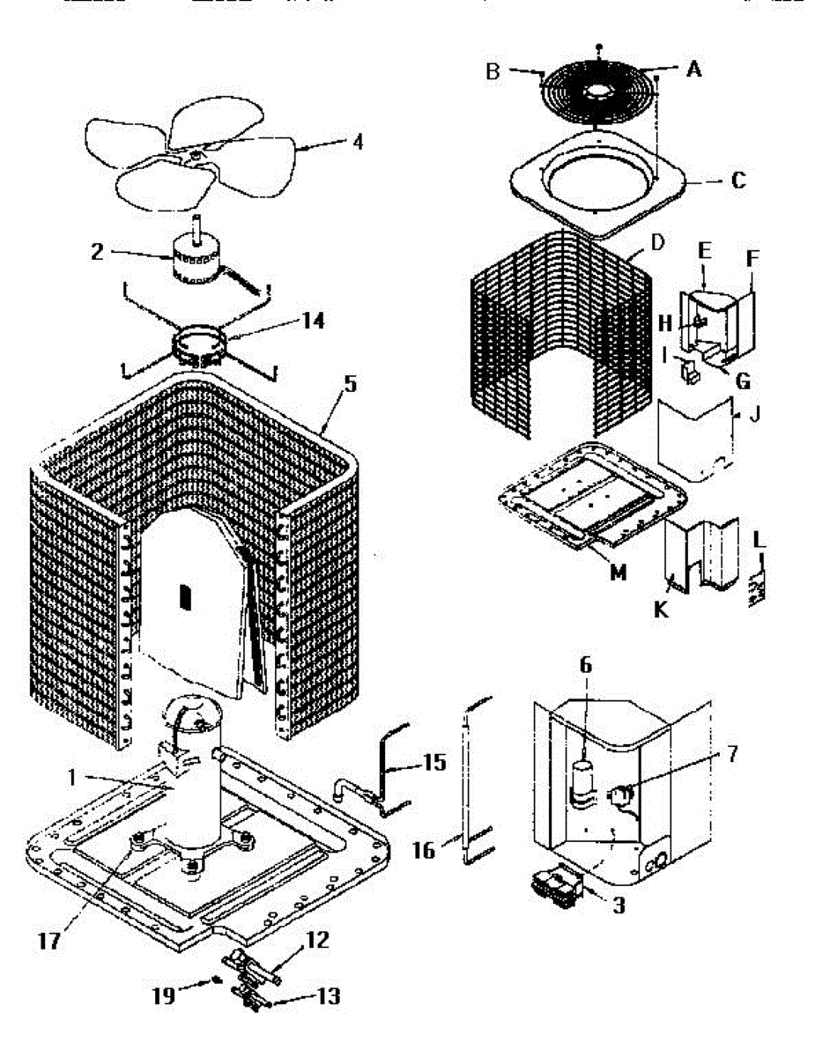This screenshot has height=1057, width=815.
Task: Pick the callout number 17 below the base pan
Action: pyautogui.click(x=49, y=942)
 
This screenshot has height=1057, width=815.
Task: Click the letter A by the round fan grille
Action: pyautogui.click(x=693, y=70)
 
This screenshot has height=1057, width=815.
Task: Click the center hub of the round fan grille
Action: pyautogui.click(x=598, y=90)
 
